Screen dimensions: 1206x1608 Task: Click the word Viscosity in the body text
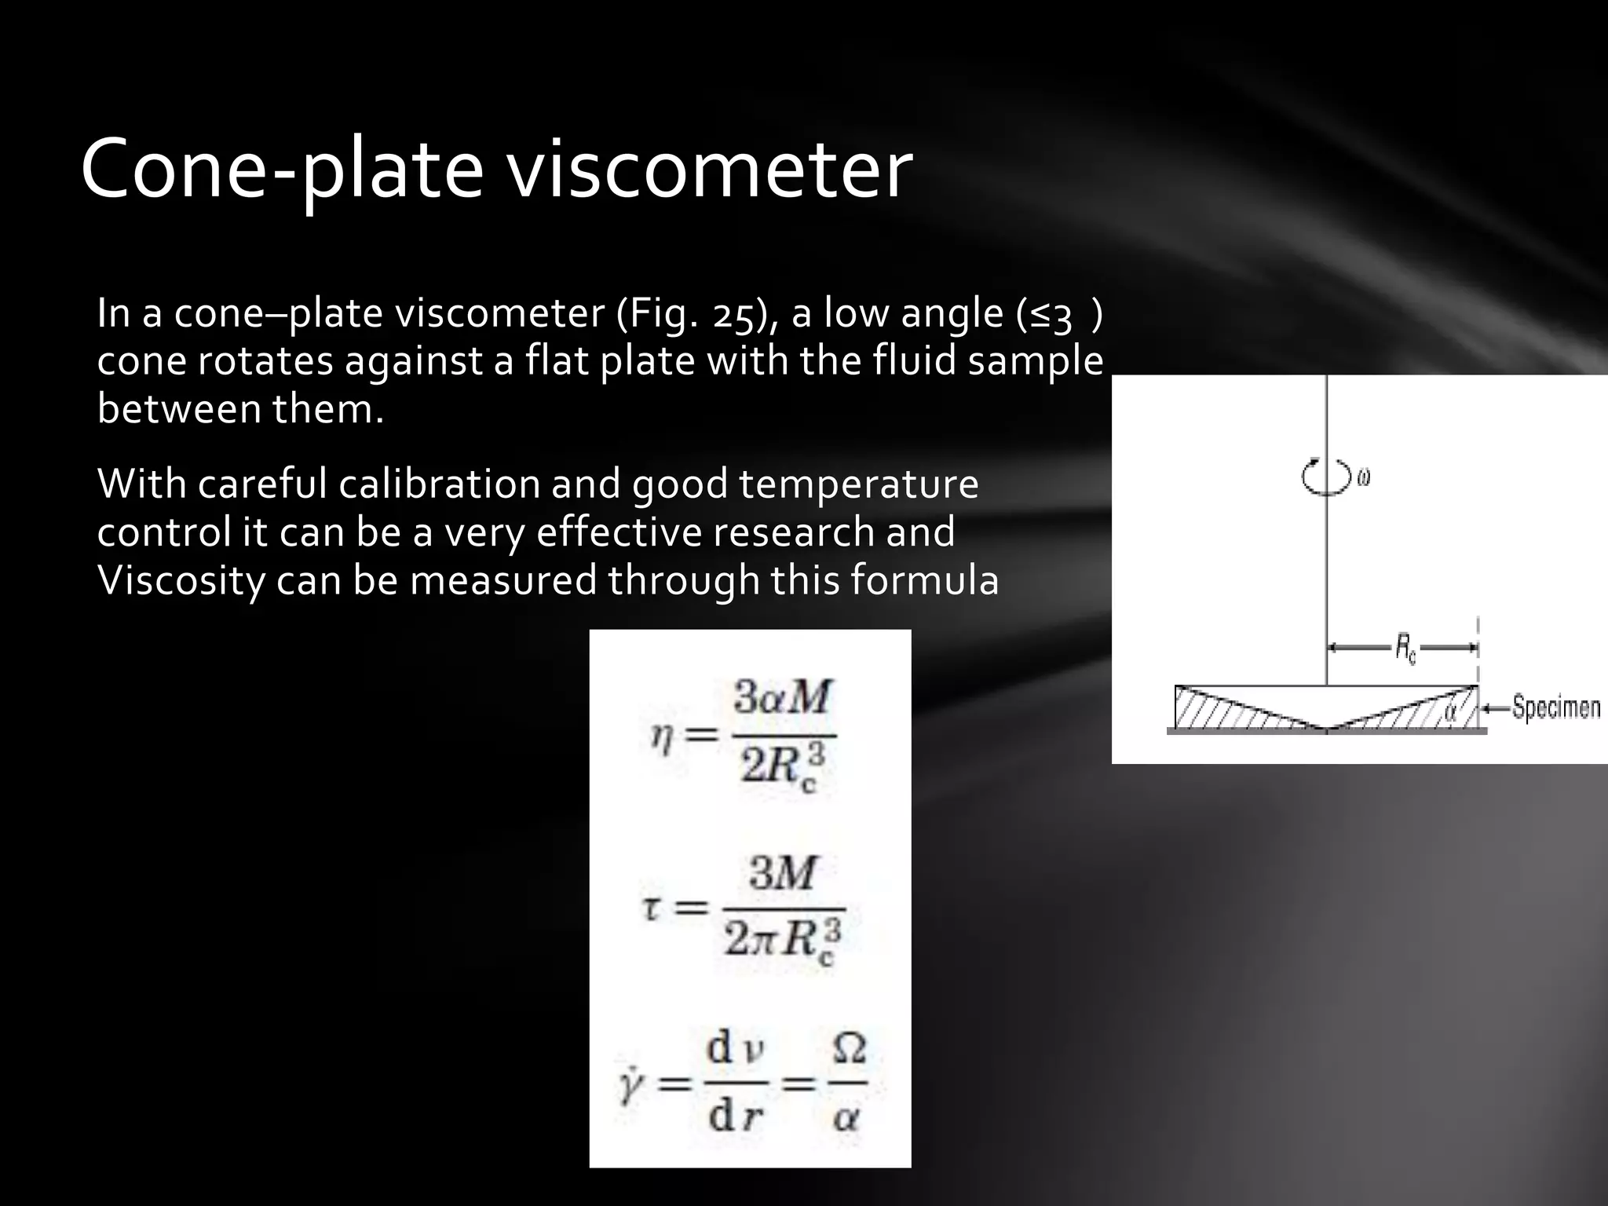(x=181, y=581)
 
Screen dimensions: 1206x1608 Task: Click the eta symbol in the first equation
(x=663, y=736)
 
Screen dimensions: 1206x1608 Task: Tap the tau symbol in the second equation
(x=651, y=908)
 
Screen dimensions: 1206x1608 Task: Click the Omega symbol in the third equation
(x=848, y=1049)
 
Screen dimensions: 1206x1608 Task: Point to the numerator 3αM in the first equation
(x=780, y=698)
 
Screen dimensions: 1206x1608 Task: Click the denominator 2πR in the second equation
(x=782, y=940)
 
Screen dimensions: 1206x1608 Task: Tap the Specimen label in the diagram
(x=1555, y=708)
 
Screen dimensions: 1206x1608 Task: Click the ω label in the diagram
(x=1363, y=477)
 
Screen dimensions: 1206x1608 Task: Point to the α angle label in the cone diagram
(x=1450, y=712)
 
